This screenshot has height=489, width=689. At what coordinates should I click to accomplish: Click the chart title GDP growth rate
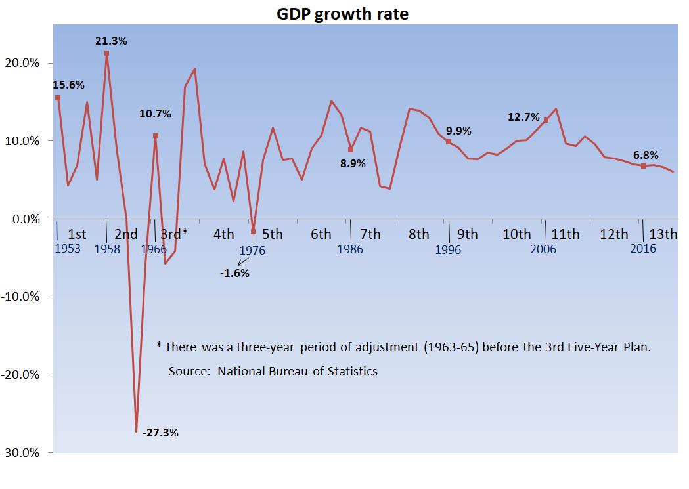pyautogui.click(x=342, y=14)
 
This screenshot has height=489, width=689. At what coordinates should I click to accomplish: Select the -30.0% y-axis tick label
pyautogui.click(x=22, y=453)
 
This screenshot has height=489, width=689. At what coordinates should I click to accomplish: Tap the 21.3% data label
pyautogui.click(x=111, y=41)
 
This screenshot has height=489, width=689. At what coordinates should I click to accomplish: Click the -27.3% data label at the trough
pyautogui.click(x=160, y=433)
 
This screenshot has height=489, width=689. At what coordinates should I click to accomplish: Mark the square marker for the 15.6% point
pyautogui.click(x=58, y=97)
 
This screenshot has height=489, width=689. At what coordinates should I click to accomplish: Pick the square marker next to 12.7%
pyautogui.click(x=546, y=120)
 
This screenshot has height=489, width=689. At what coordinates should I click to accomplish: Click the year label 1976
pyautogui.click(x=252, y=251)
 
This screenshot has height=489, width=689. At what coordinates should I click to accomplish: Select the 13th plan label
pyautogui.click(x=663, y=234)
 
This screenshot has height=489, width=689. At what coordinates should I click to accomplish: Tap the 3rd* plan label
pyautogui.click(x=174, y=234)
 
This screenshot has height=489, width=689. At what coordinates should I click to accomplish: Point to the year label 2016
pyautogui.click(x=643, y=249)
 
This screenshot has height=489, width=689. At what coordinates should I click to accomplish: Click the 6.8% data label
pyautogui.click(x=646, y=155)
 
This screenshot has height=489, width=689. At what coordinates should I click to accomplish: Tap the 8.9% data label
pyautogui.click(x=353, y=164)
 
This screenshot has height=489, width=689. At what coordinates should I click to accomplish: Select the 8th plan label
pyautogui.click(x=418, y=234)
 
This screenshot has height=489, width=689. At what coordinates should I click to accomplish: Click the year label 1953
pyautogui.click(x=67, y=249)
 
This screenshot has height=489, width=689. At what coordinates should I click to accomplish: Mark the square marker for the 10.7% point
pyautogui.click(x=156, y=136)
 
